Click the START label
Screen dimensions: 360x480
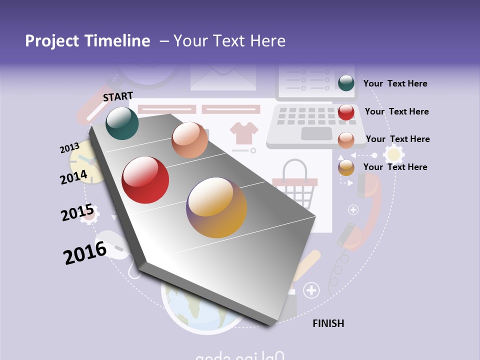[118, 96]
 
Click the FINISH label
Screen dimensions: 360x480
[328, 323]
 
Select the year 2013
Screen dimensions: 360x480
[69, 148]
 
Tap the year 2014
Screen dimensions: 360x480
[74, 177]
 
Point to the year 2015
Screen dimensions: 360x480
[77, 213]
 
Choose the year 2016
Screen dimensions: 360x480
[85, 253]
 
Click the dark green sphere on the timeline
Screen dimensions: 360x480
[122, 123]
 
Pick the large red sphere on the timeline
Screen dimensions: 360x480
[145, 180]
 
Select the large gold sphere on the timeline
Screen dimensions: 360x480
[216, 207]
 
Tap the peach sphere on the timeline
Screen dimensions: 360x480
[189, 140]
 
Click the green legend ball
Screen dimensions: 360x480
[346, 83]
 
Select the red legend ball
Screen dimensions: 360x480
[346, 112]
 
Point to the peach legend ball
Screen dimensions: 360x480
[346, 140]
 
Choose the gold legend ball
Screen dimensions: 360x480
[346, 167]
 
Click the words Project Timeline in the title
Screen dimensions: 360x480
[87, 41]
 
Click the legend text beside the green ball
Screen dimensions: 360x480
[395, 83]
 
